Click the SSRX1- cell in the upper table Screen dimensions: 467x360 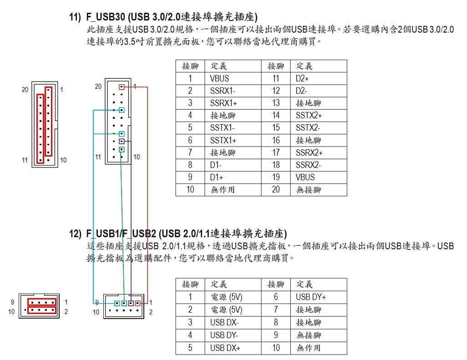coord(233,91)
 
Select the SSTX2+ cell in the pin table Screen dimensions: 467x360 coord(319,116)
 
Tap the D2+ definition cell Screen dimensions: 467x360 coord(319,78)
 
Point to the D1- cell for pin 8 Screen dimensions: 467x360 coord(233,165)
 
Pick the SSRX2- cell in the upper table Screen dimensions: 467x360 coord(319,165)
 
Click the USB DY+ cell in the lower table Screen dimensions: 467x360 coord(319,297)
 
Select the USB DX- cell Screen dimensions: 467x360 coord(233,323)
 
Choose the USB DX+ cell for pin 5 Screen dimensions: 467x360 coord(233,348)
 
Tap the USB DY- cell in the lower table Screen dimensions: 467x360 coord(233,335)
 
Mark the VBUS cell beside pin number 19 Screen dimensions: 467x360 coord(319,177)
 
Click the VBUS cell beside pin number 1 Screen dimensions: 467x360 coord(233,78)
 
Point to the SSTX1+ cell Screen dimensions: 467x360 coord(233,140)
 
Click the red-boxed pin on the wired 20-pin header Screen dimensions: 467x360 coord(122,87)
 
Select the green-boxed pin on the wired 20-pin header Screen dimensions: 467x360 coord(122,149)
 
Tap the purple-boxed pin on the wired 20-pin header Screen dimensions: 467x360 coord(122,141)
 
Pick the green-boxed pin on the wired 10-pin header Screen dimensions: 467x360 coord(124,304)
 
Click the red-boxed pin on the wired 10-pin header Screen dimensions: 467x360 coord(137,304)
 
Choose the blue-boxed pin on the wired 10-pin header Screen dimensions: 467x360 coord(117,304)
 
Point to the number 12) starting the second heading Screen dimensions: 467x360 coord(75,234)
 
